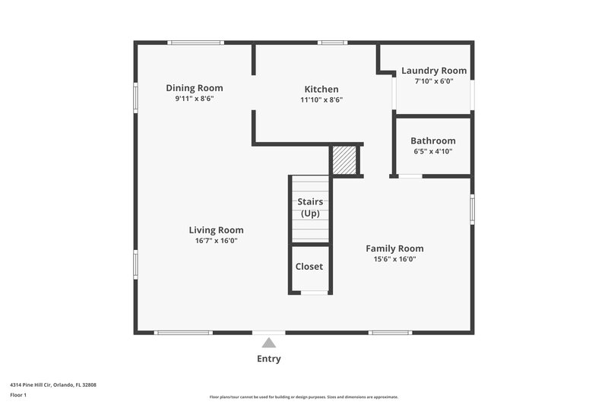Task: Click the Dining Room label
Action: coord(195,88)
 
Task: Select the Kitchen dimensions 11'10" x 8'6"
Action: coord(321,100)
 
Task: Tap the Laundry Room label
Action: coord(434,71)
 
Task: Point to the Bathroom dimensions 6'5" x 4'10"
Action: coord(432,151)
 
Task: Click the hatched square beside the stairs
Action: coord(344,161)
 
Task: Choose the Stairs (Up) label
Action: coord(310,207)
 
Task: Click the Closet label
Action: coord(309,267)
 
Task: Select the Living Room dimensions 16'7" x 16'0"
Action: coord(216,241)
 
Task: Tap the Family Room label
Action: coord(394,248)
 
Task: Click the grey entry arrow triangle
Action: coord(269,343)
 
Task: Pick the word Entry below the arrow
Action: coord(269,359)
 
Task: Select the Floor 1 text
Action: coord(18,395)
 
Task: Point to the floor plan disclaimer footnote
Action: coord(304,397)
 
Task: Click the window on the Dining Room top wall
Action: coord(196,43)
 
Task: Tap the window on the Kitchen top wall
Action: coord(332,43)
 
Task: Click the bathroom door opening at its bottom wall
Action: coord(410,176)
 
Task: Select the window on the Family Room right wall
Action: coord(472,208)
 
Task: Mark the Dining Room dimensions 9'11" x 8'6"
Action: coord(195,99)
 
